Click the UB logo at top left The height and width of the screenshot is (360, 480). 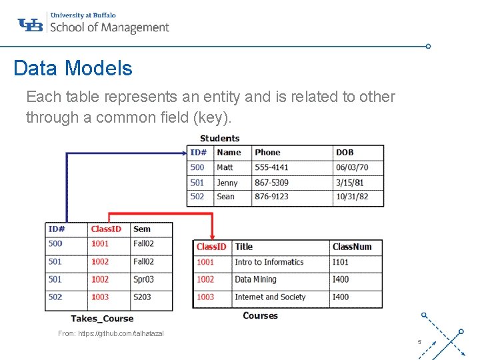(30, 25)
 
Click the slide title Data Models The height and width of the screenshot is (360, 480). (73, 68)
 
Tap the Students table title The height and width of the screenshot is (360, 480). (219, 138)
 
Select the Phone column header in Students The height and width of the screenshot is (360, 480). (267, 153)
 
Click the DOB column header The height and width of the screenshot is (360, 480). (345, 153)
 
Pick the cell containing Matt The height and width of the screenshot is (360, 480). (225, 167)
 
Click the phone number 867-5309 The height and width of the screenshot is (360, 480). (271, 183)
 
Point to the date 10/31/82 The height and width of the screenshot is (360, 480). (352, 197)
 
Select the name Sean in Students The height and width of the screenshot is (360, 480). (225, 197)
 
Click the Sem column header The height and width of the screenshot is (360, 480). (142, 229)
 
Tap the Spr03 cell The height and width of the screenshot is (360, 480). (143, 279)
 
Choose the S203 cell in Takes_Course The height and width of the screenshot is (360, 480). (142, 297)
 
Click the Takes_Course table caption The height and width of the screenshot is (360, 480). (102, 319)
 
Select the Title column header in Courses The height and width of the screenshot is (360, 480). (244, 247)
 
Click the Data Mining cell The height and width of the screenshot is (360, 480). (255, 279)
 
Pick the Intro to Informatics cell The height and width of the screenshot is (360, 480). (269, 262)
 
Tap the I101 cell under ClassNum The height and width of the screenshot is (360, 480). (341, 262)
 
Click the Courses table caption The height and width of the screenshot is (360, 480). (260, 315)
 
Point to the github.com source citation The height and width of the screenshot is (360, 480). (111, 333)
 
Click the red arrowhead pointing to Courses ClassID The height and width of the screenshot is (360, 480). (212, 236)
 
